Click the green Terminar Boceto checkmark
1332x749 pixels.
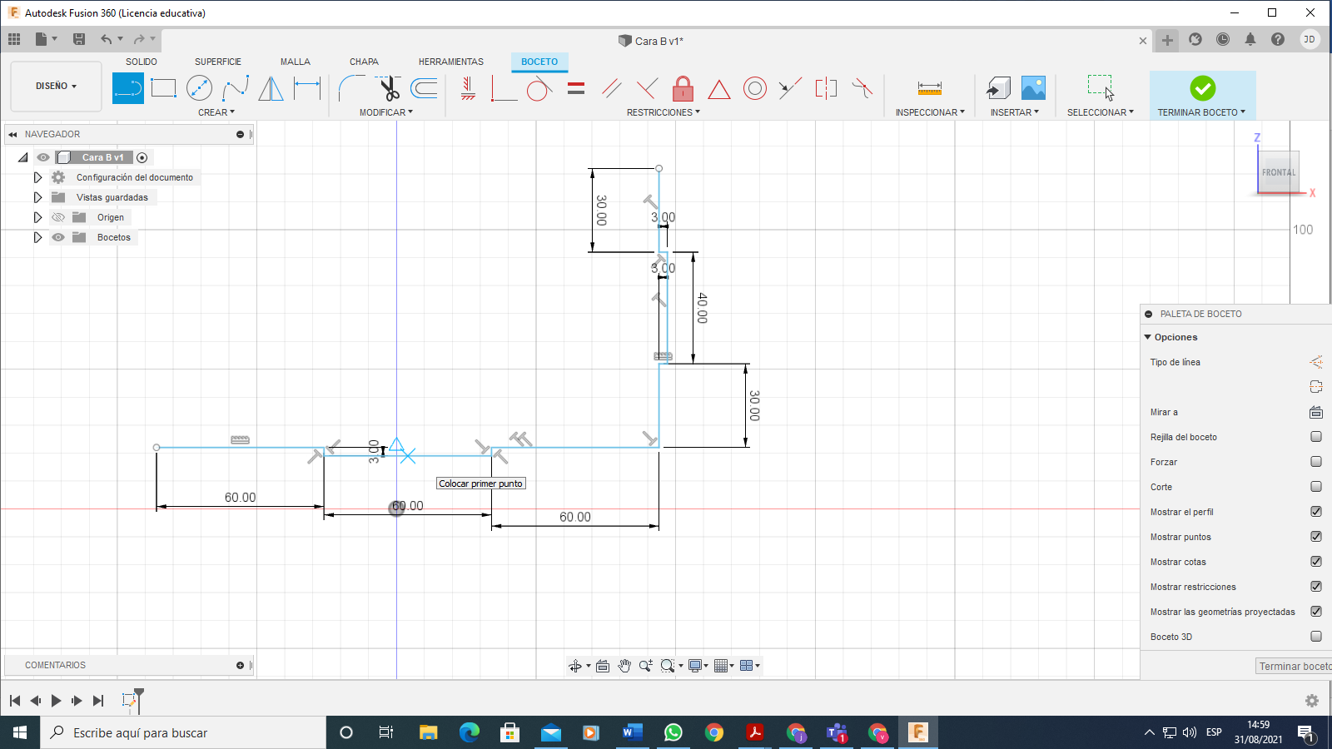(x=1202, y=88)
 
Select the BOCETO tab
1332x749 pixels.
(x=539, y=62)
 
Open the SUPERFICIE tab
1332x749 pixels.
(x=217, y=62)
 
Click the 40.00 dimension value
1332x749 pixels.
(x=703, y=308)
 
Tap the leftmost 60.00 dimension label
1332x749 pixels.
(x=241, y=497)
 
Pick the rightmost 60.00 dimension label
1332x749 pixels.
(x=575, y=517)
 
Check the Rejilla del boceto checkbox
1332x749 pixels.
(x=1316, y=437)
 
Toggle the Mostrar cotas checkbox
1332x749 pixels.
(x=1316, y=562)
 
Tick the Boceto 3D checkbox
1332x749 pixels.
(x=1316, y=637)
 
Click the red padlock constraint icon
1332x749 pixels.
(x=683, y=88)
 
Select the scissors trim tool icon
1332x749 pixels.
(x=389, y=88)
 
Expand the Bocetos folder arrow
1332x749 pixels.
(x=37, y=237)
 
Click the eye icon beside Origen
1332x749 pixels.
(x=57, y=217)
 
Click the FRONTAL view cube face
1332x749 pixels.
(x=1278, y=172)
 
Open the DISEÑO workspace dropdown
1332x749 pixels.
(x=56, y=87)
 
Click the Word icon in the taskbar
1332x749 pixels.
(x=632, y=732)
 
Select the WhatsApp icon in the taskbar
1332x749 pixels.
(x=673, y=732)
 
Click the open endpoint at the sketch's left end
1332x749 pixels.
(x=157, y=448)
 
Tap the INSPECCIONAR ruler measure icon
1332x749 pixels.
(x=929, y=88)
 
